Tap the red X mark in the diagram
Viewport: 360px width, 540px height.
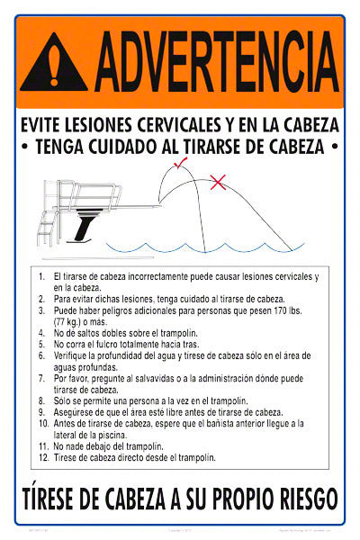(218, 183)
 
